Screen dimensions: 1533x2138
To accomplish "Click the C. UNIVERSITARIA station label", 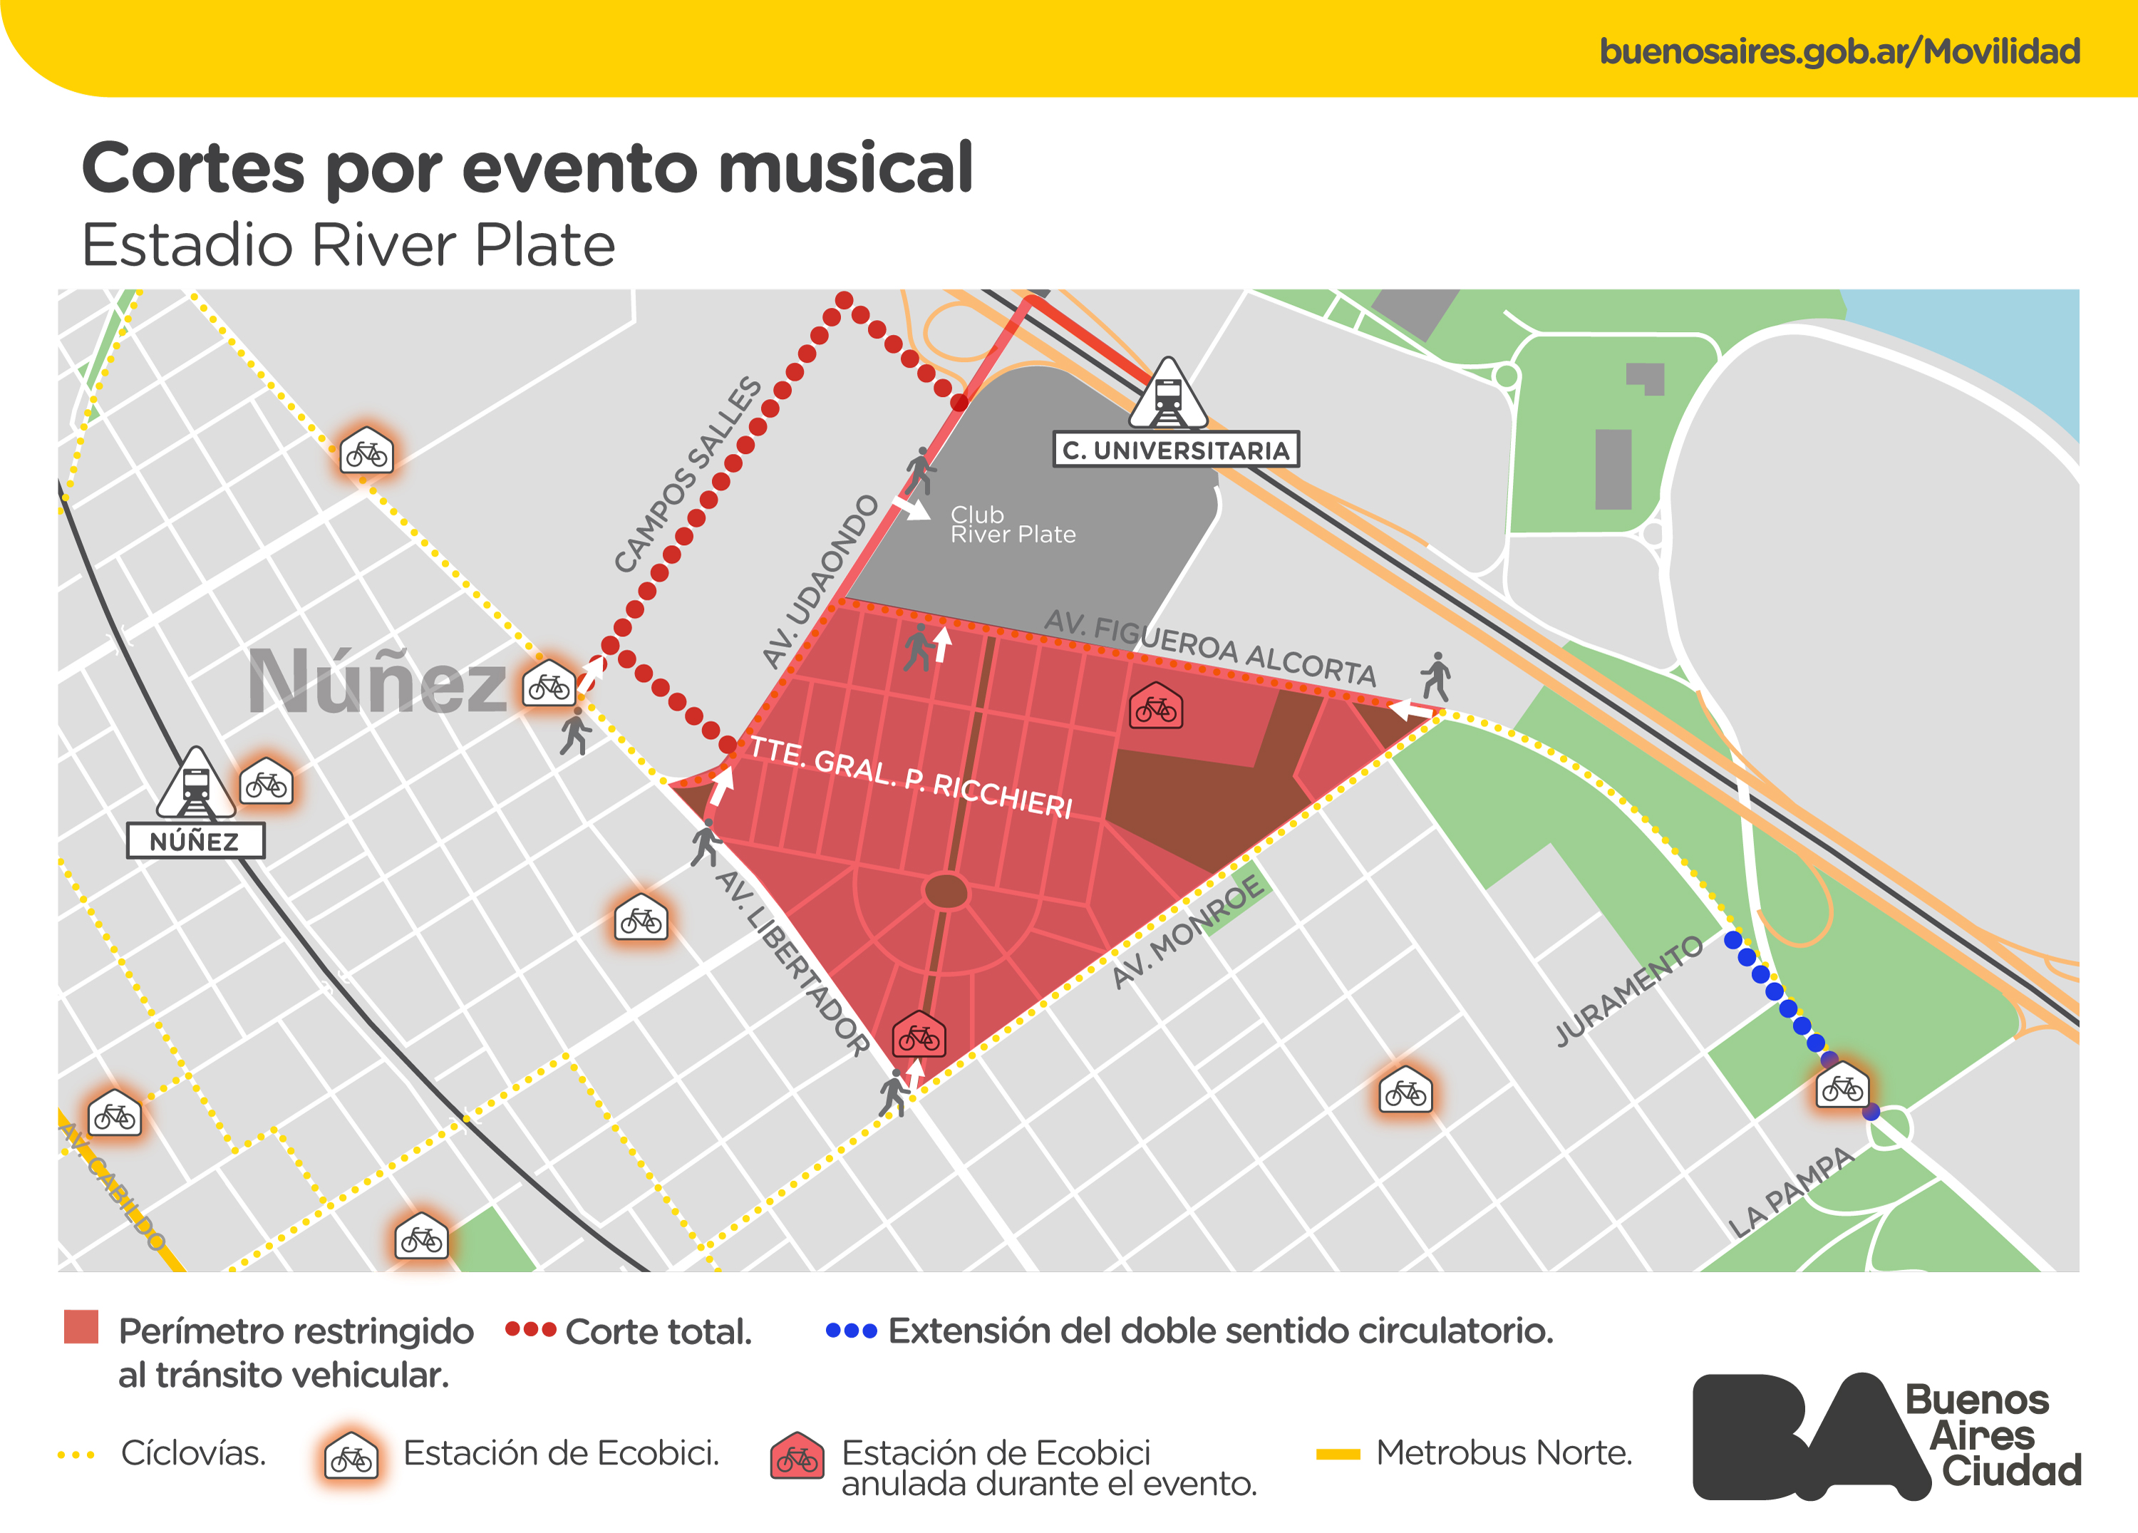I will click(x=1175, y=450).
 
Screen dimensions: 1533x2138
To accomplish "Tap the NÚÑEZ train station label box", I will click(x=195, y=841).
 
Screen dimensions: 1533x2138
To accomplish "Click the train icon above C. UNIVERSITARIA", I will click(x=1168, y=396).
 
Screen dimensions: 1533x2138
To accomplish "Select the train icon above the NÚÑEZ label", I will click(x=196, y=785).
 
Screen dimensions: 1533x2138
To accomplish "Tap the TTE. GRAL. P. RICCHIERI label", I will click(x=911, y=777).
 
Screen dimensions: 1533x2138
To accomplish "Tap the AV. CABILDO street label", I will click(x=112, y=1186).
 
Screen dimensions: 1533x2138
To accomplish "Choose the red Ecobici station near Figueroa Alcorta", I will click(x=1156, y=707).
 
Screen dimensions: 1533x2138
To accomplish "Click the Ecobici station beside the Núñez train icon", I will click(x=266, y=783).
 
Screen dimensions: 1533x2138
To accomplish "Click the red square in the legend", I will click(x=81, y=1326).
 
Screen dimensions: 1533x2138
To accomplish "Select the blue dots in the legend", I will click(x=850, y=1331).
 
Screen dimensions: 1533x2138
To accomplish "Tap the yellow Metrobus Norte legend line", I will click(x=1338, y=1454).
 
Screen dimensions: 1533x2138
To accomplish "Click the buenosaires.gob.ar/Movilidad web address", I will click(x=1839, y=51).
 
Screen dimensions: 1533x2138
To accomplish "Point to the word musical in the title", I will click(x=846, y=169).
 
